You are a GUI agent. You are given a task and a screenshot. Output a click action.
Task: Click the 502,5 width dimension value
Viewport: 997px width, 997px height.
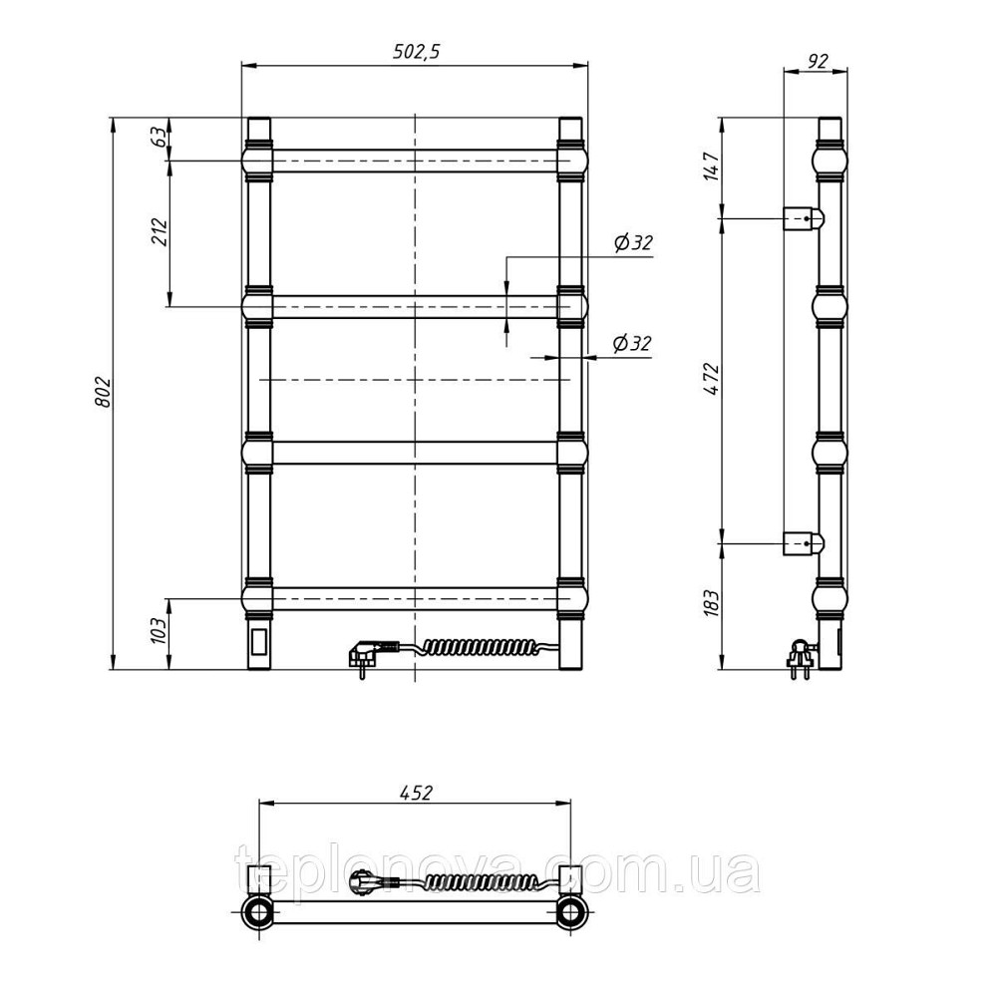click(416, 51)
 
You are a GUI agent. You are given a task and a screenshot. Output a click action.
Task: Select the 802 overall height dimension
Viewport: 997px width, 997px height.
click(104, 392)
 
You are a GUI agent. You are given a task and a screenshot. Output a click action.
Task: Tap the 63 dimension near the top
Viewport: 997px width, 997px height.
click(160, 138)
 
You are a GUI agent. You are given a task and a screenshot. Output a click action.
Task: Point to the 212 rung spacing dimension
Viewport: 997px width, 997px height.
click(160, 232)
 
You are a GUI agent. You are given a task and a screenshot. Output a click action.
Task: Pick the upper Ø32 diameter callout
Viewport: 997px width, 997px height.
click(633, 242)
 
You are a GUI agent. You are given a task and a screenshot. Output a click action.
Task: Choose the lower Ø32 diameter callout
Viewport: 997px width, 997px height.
click(632, 343)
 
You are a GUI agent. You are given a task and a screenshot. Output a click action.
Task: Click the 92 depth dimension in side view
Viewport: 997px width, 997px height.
click(818, 61)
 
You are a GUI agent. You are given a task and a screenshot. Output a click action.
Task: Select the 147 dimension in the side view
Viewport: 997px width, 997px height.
click(712, 166)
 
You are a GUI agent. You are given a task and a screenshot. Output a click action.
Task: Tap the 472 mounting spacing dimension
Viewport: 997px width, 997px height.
click(712, 380)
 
